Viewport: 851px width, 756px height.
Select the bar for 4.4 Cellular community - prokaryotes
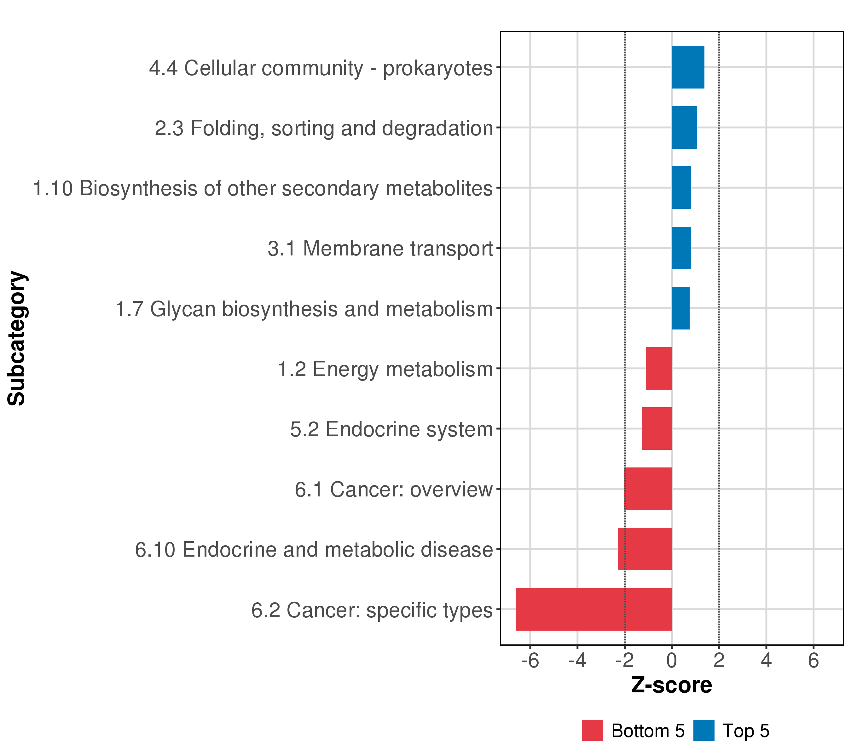(x=688, y=67)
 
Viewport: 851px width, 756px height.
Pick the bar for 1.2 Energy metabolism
(x=659, y=368)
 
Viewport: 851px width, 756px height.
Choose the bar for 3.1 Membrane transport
(x=681, y=248)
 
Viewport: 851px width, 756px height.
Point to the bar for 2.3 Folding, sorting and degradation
(x=684, y=127)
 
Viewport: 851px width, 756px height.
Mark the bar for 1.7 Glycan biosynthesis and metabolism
(x=680, y=308)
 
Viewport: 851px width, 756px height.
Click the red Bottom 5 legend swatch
(x=592, y=730)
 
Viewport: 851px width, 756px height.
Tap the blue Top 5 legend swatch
(x=703, y=730)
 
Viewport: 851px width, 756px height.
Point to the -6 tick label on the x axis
(x=530, y=661)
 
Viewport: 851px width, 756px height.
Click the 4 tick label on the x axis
(x=766, y=661)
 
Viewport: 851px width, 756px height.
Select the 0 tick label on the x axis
(x=672, y=661)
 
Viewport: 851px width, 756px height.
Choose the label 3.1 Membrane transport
(x=380, y=249)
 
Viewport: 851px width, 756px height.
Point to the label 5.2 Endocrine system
(x=391, y=429)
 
